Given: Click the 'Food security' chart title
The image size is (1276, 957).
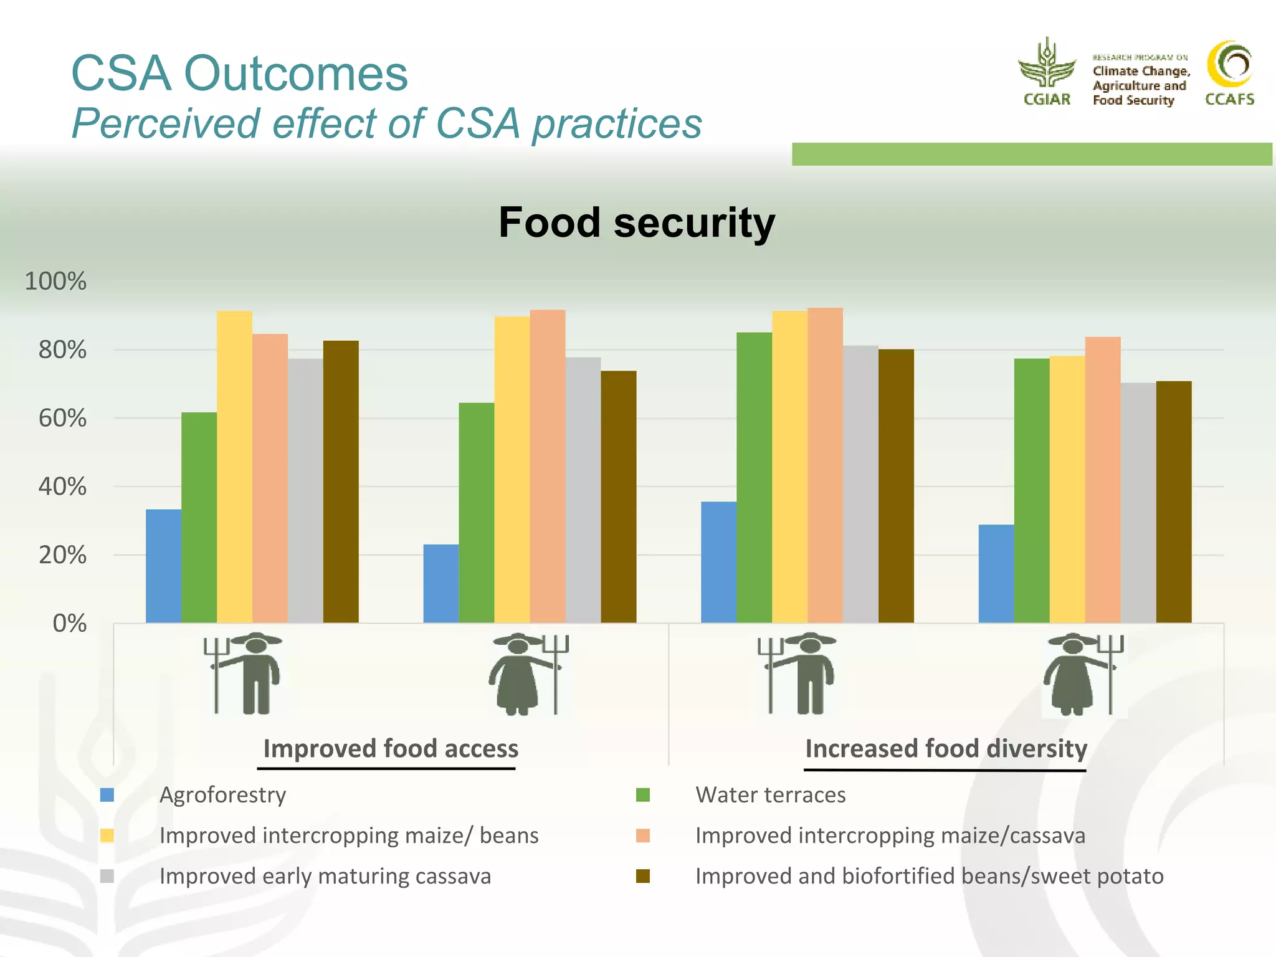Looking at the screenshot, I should [x=637, y=222].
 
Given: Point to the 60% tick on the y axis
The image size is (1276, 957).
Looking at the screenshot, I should [x=62, y=418].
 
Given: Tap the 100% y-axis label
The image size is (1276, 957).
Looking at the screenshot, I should [x=55, y=281].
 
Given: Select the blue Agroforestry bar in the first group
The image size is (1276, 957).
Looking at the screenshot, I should [x=163, y=566].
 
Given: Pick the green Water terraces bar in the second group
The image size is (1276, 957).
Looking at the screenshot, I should [x=477, y=512].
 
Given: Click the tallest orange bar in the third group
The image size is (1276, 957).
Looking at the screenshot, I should [x=825, y=465].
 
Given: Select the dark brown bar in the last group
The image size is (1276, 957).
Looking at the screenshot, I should [x=1174, y=502].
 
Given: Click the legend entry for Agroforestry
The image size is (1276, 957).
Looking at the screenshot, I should [x=222, y=795].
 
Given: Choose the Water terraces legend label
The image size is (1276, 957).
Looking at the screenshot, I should [x=770, y=795].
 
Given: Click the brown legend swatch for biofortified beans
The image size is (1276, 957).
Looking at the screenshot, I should [x=643, y=876].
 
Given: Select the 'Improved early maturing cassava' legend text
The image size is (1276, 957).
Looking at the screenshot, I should [x=325, y=876].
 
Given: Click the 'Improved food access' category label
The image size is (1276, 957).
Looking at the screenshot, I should [x=391, y=748].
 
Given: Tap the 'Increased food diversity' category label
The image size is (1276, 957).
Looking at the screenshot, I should [x=946, y=748].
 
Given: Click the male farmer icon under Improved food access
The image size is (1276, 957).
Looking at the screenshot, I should [x=246, y=674].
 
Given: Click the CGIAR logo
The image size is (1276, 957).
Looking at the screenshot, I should [x=1047, y=72].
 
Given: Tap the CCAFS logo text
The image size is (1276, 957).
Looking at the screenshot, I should [x=1229, y=99].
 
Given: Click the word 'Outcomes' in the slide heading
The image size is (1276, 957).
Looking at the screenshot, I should [x=295, y=73].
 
